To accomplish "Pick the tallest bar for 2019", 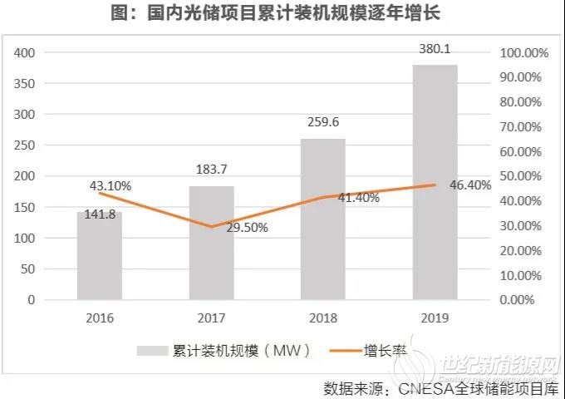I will tap(435, 182).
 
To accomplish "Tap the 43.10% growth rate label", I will tap(109, 186).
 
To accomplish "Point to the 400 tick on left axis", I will tap(26, 52).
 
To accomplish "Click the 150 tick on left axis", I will tap(26, 207).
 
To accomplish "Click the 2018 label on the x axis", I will tap(323, 318).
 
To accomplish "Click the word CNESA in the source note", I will tap(423, 387).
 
